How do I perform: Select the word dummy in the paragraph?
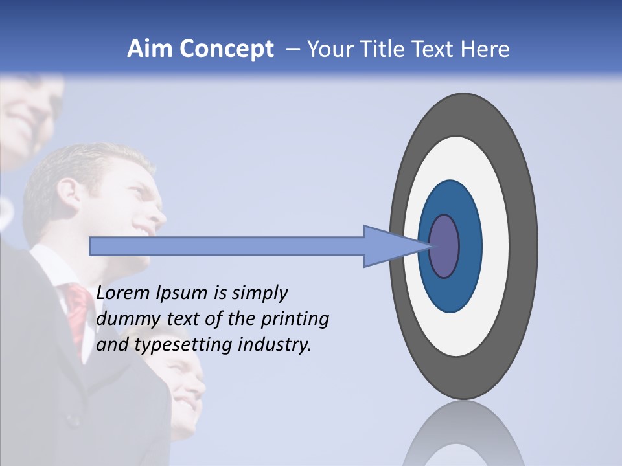pos(124,319)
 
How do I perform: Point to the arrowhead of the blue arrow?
pos(389,246)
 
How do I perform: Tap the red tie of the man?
pos(78,311)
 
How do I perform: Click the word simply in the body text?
pos(259,294)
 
